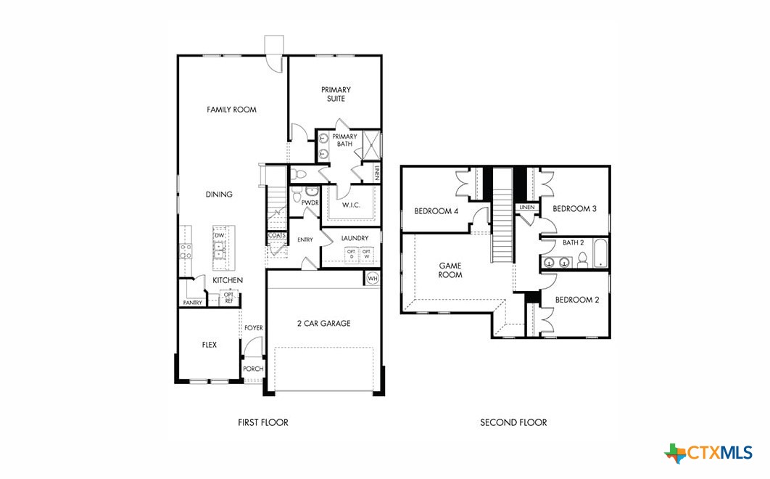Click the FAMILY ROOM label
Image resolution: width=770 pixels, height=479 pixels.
click(231, 110)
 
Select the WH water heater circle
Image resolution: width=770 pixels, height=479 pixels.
click(373, 278)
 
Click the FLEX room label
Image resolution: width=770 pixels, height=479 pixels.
click(209, 345)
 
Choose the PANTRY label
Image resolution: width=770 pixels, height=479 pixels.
click(192, 303)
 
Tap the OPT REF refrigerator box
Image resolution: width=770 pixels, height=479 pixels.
click(228, 298)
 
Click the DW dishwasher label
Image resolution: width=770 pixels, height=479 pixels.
click(219, 236)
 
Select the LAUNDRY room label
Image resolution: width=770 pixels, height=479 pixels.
click(355, 238)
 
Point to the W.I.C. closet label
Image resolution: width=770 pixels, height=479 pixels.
click(352, 205)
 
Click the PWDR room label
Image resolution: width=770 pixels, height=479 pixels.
click(310, 203)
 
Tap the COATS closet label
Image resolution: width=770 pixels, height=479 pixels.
click(276, 235)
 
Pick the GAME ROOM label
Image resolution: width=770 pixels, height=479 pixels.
click(450, 270)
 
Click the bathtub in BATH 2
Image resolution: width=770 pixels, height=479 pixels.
click(601, 254)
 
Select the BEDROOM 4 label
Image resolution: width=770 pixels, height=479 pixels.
click(436, 211)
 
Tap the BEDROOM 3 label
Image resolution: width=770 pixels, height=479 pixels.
click(574, 209)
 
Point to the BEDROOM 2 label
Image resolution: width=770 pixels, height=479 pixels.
click(576, 300)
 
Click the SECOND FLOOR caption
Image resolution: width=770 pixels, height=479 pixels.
click(513, 422)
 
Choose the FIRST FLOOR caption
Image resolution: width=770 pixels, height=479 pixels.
click(263, 422)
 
